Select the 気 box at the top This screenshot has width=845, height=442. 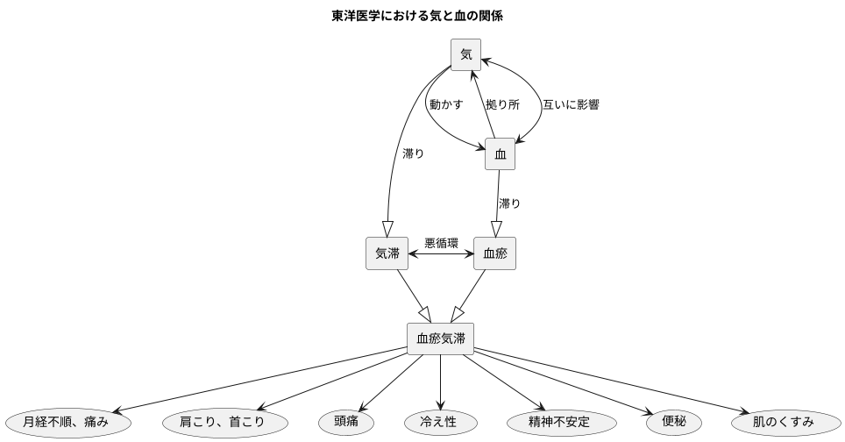point(465,55)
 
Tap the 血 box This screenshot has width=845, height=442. point(501,154)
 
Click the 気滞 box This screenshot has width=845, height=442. point(387,253)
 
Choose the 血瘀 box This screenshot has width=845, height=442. point(494,253)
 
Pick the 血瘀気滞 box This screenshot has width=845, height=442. point(440,339)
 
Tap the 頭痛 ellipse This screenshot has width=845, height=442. point(346,422)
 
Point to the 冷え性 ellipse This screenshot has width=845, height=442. point(440,422)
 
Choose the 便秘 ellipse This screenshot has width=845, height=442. point(674,422)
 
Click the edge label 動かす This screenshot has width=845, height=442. point(445,104)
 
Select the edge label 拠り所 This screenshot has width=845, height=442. point(503,104)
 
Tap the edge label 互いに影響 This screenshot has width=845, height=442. point(571,104)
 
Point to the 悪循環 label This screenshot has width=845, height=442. point(441,242)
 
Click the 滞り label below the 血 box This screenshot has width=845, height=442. point(509,203)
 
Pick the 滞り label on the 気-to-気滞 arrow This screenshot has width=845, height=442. point(413,153)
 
